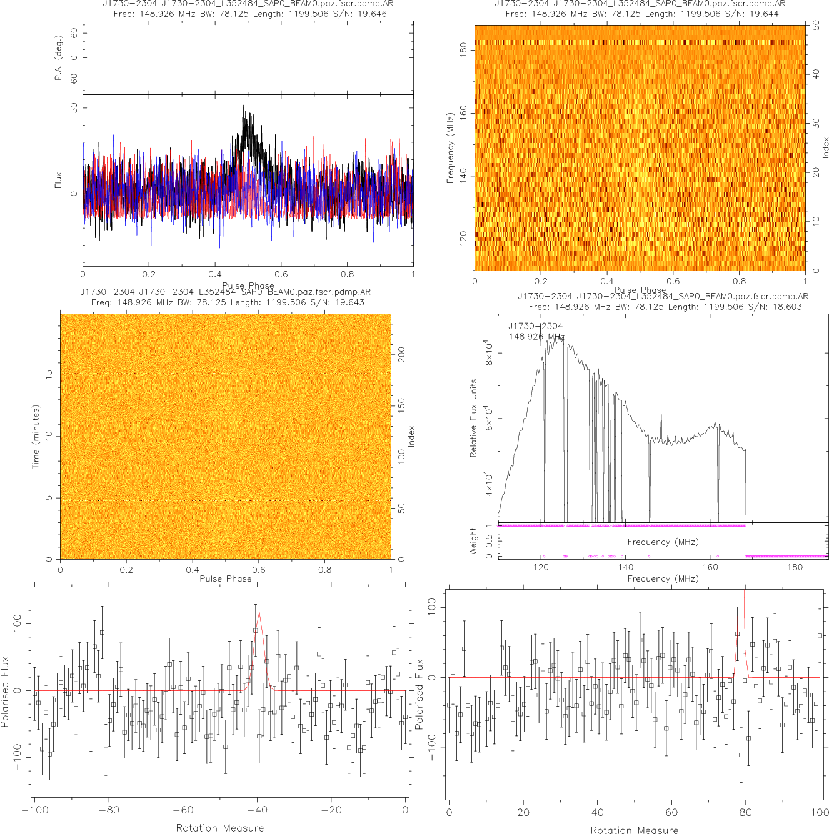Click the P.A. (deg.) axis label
(x=58, y=58)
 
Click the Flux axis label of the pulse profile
(x=58, y=181)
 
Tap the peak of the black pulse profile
(x=244, y=106)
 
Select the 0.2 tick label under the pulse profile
(x=149, y=274)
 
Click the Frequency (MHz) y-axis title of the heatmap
(x=450, y=148)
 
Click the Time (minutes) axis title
(x=36, y=436)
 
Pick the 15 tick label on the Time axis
(x=49, y=375)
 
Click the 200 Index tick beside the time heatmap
(x=402, y=355)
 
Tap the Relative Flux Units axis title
(x=473, y=418)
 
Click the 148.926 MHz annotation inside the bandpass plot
(x=536, y=337)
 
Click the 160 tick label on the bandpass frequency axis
(x=710, y=567)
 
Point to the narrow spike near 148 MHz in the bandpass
(x=661, y=430)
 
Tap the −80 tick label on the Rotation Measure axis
(x=108, y=810)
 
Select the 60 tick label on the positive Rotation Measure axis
(x=671, y=813)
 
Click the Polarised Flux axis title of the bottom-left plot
(x=6, y=692)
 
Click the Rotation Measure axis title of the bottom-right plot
(x=634, y=830)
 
